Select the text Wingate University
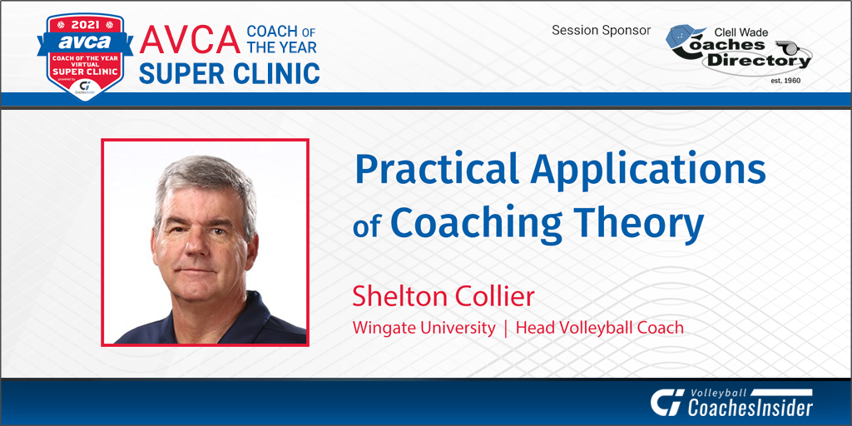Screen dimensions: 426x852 pyautogui.click(x=424, y=327)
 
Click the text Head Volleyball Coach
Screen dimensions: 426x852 pyautogui.click(x=599, y=327)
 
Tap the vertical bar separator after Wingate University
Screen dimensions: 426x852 pyautogui.click(x=505, y=327)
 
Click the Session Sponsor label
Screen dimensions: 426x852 pyautogui.click(x=601, y=31)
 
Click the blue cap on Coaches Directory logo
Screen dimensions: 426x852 pyautogui.click(x=685, y=37)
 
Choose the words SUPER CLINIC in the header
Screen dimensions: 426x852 pyautogui.click(x=229, y=72)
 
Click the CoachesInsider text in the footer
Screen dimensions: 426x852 pyautogui.click(x=750, y=407)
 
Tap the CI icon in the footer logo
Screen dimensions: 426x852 pyautogui.click(x=666, y=403)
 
